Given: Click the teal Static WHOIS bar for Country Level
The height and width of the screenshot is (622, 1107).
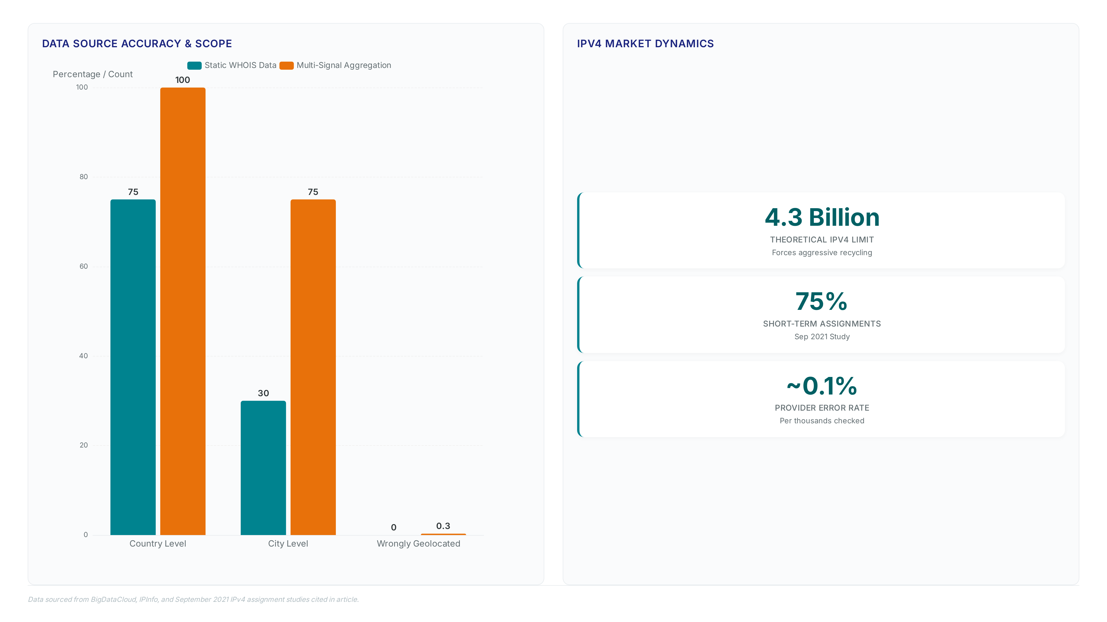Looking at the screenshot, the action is (133, 367).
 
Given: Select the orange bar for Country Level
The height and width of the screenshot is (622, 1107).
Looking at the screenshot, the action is (183, 311).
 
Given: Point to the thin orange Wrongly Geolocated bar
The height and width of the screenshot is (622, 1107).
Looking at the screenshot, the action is (443, 534).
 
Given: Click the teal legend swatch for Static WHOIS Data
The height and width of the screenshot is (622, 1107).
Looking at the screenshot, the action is (194, 66).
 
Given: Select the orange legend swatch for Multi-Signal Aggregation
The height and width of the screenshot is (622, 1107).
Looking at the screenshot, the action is (287, 66).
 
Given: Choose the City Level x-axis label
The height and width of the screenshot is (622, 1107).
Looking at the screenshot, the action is (288, 543).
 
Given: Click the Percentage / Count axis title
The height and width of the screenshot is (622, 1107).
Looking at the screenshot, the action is (93, 74).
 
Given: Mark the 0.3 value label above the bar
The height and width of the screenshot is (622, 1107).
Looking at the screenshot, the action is (443, 526).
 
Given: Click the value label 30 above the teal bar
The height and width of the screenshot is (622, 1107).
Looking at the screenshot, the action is (263, 393).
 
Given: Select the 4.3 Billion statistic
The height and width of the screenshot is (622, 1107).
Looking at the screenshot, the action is (822, 217).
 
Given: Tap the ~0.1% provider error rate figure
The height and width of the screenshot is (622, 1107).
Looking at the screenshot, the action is (822, 386).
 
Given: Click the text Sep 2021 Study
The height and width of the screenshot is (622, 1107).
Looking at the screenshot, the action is (822, 337).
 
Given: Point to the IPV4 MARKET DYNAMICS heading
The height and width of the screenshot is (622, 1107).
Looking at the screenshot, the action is (645, 44).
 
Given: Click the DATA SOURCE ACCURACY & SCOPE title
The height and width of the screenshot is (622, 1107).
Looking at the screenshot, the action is (137, 44).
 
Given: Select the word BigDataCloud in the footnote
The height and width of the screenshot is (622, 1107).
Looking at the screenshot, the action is (113, 599).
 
